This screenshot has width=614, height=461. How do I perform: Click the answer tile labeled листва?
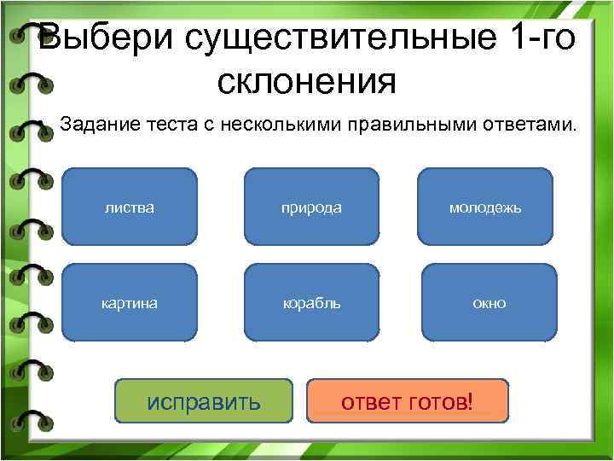pos(130,207)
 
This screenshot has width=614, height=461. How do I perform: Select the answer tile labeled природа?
pos(312,207)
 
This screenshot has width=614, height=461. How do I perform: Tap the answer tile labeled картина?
pos(130,303)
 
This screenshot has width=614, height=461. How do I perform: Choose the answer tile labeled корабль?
pos(312,303)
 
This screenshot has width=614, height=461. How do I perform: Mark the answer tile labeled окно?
pos(489,303)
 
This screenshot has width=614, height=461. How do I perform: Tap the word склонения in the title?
pos(307,83)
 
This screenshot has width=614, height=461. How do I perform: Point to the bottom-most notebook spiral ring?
pos(32,421)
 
